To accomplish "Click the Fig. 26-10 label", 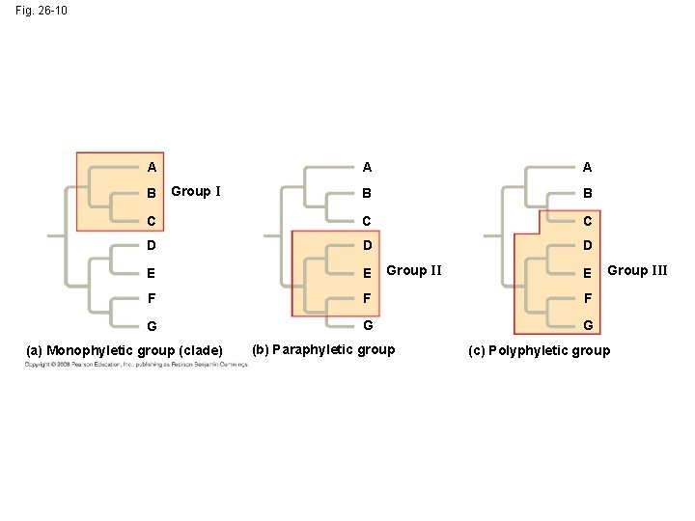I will [42, 11].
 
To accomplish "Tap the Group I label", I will [196, 191].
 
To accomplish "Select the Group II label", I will [414, 270].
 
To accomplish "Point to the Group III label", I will [637, 270].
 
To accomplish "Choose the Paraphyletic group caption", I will [323, 349].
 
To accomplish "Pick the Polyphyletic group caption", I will [539, 350].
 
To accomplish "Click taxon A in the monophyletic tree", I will [153, 167].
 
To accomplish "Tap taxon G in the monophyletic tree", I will [153, 328].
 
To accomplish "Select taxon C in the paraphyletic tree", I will [366, 220].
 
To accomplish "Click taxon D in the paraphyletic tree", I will [366, 247].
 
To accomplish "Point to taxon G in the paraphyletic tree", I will [366, 326].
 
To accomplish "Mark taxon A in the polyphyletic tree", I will [588, 167].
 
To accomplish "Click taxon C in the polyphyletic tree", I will [588, 220].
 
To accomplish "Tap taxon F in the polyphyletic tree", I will [588, 299].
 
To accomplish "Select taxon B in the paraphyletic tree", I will [366, 193].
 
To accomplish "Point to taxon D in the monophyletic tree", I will [153, 247].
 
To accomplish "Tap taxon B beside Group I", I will [153, 194].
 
